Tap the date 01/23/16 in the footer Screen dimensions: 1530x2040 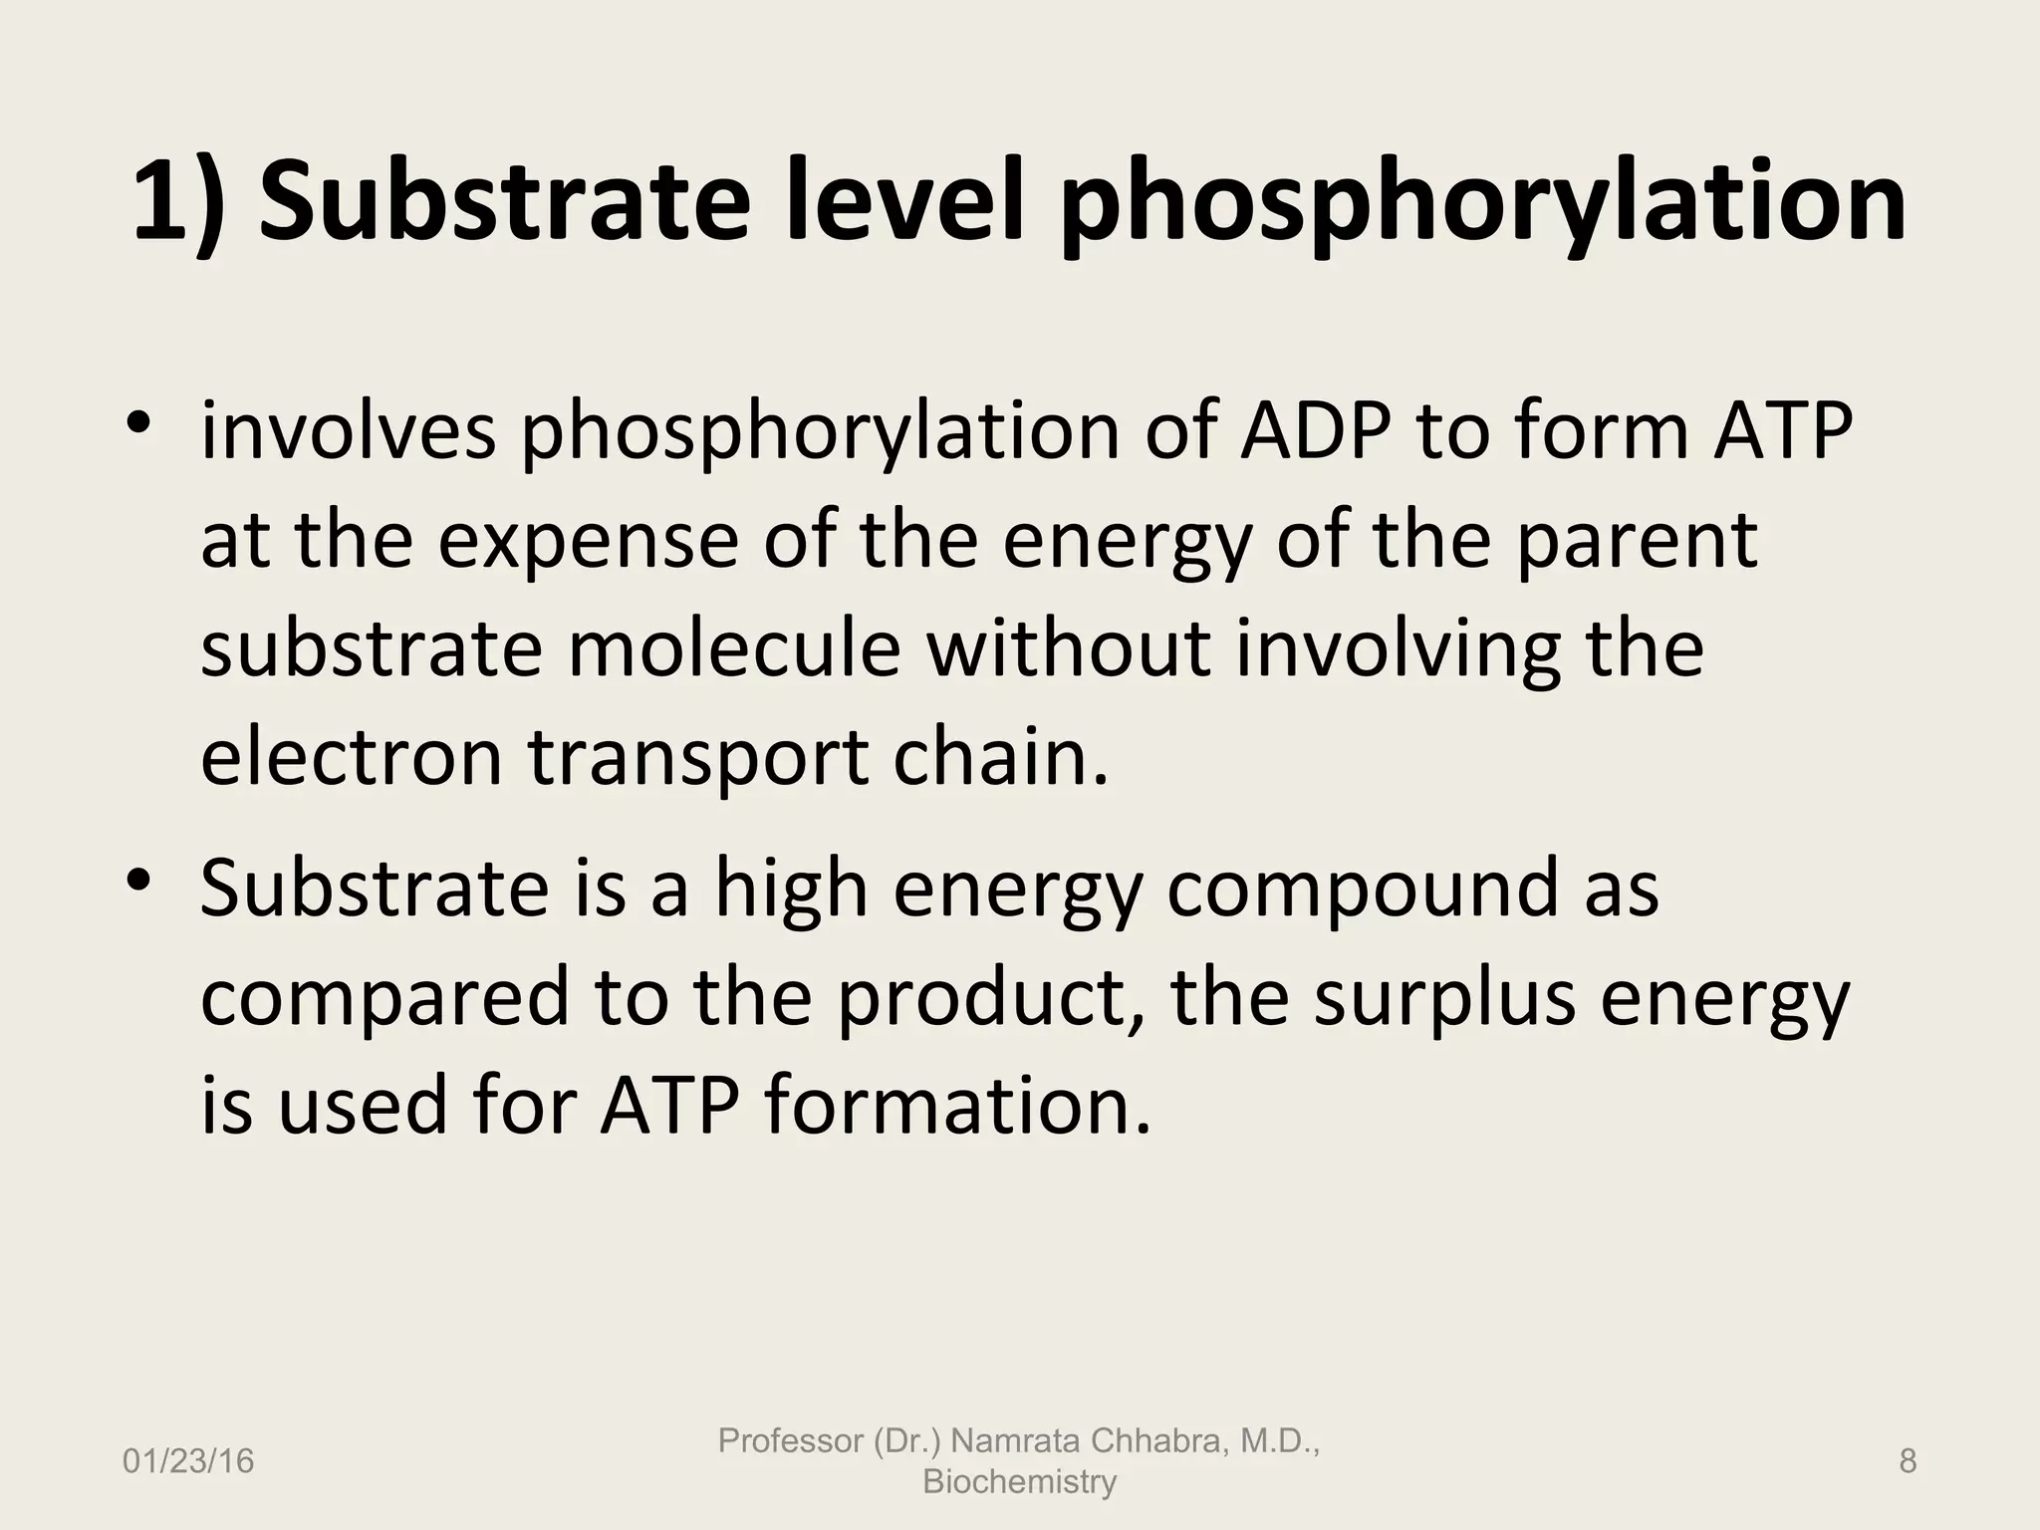coord(188,1461)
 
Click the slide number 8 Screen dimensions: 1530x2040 coord(1907,1461)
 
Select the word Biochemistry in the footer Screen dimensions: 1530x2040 coord(1019,1481)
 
